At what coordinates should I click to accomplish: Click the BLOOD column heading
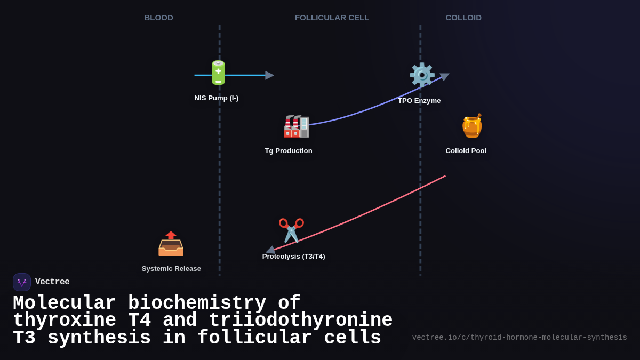158,18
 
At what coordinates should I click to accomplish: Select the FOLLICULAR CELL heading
332,18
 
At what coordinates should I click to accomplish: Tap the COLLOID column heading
463,18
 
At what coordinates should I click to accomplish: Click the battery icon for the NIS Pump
218,73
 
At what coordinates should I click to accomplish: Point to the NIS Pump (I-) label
216,98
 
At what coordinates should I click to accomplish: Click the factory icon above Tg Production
296,126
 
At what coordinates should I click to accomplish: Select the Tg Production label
289,151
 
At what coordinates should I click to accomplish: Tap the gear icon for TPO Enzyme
421,75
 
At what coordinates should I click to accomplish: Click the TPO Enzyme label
419,101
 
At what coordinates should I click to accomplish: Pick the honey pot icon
472,126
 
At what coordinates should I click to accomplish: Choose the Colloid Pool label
466,151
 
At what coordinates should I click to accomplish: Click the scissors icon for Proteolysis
291,230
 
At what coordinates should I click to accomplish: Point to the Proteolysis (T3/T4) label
293,257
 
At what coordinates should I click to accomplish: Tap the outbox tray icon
171,244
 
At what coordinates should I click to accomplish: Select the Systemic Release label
171,269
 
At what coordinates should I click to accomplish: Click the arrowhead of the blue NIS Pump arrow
269,75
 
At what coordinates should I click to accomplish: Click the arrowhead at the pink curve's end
270,250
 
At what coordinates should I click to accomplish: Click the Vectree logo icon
22,282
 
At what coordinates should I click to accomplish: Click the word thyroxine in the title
65,321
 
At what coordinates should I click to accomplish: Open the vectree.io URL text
519,338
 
